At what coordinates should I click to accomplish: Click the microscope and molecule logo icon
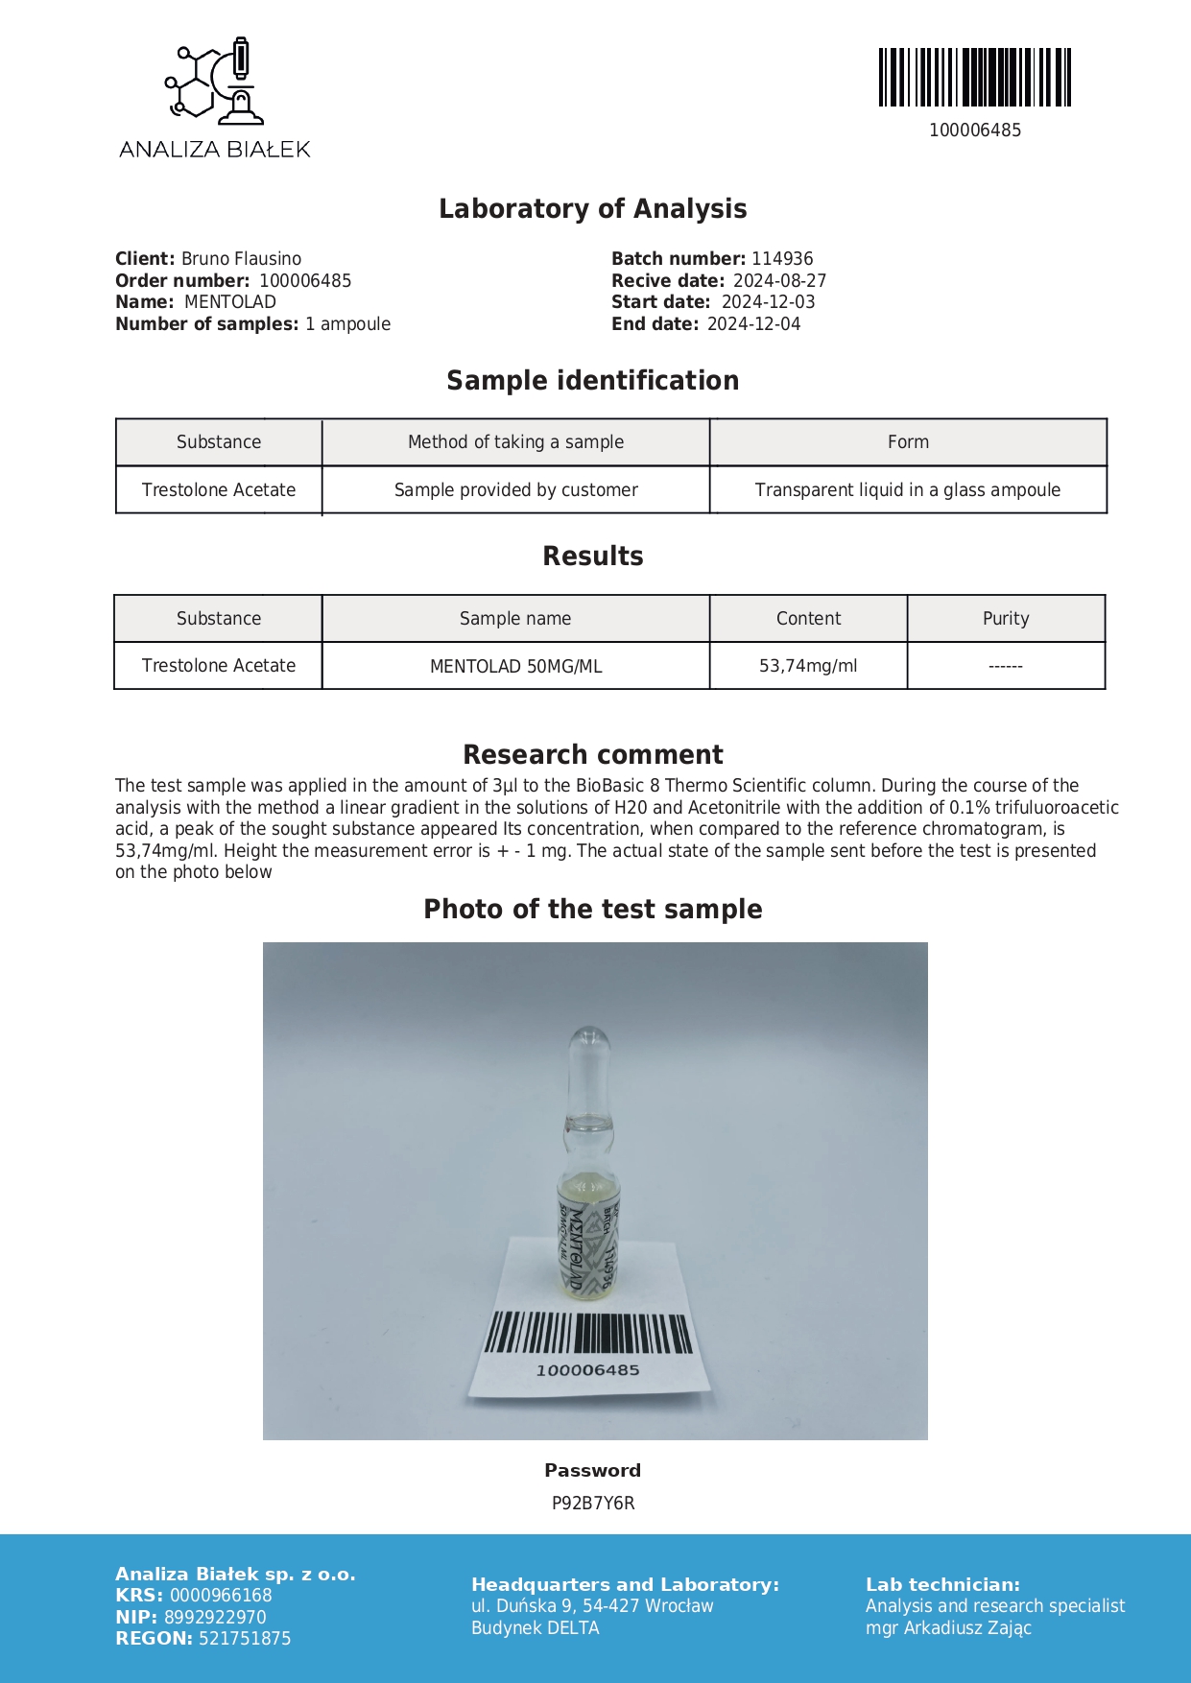pos(215,83)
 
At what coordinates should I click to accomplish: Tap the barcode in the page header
pos(974,77)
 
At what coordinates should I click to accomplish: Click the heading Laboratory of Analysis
pos(592,209)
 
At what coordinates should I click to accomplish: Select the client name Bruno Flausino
pos(241,259)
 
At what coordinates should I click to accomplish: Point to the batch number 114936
pos(782,259)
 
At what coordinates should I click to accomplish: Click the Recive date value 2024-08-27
pos(779,281)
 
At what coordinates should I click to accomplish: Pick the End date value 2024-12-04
pos(753,324)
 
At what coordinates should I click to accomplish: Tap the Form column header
pos(908,442)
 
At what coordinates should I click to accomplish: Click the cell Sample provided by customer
pos(515,490)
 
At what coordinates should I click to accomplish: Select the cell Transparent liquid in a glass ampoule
pos(908,490)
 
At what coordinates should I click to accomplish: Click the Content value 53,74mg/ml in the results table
pos(808,666)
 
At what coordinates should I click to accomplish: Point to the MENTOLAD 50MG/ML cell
pos(515,667)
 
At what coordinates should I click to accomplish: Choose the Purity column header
pos(1006,619)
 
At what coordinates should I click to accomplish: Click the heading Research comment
pos(592,754)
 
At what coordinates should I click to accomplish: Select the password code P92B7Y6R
pos(593,1504)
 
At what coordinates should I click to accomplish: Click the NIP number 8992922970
pos(215,1618)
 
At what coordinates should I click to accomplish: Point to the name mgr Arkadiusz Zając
pos(948,1628)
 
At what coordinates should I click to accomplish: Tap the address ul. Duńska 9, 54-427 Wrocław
pos(592,1606)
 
